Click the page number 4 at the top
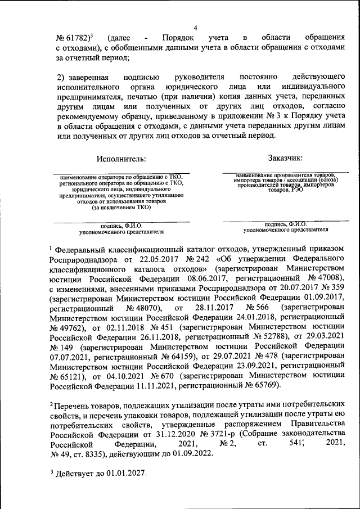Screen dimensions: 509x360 195,28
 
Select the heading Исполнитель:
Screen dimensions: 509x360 120,159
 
